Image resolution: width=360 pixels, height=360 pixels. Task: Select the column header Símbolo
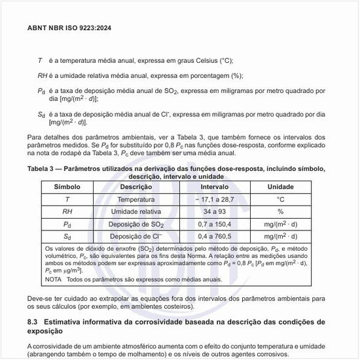click(x=67, y=187)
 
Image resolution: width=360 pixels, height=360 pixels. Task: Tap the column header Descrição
click(x=136, y=187)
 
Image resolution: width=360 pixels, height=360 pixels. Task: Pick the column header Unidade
click(x=281, y=187)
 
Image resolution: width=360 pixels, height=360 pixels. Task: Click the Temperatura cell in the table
click(x=136, y=199)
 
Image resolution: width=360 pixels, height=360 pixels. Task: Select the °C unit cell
click(x=281, y=199)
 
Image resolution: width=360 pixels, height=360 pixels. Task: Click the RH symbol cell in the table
click(x=67, y=211)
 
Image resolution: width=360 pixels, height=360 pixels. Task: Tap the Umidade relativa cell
click(x=136, y=211)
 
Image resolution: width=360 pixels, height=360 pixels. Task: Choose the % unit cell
click(x=281, y=211)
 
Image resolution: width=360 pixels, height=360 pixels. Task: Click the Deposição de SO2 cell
click(x=136, y=224)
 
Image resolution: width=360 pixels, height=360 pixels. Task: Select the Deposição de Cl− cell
click(x=136, y=236)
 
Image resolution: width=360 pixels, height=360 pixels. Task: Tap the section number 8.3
click(x=34, y=322)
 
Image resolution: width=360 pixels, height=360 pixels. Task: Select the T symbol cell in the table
click(x=67, y=199)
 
